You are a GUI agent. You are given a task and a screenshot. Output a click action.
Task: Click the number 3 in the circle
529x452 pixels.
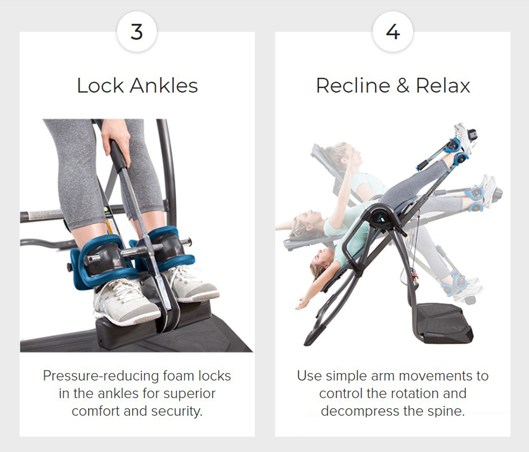(137, 32)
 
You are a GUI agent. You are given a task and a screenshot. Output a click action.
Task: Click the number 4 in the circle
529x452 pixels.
(393, 32)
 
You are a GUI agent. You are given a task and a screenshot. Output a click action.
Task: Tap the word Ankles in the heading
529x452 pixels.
(164, 85)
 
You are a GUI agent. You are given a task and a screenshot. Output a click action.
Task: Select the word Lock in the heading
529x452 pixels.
(100, 85)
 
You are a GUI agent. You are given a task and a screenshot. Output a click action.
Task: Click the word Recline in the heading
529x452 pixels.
(353, 85)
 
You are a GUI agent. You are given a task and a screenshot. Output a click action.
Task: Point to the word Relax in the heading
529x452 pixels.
(443, 85)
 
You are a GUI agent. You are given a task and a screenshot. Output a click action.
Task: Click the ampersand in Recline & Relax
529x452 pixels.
(403, 85)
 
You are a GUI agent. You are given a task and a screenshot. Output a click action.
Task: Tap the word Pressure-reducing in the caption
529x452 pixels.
(101, 376)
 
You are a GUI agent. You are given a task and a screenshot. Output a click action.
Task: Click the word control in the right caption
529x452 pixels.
(341, 394)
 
